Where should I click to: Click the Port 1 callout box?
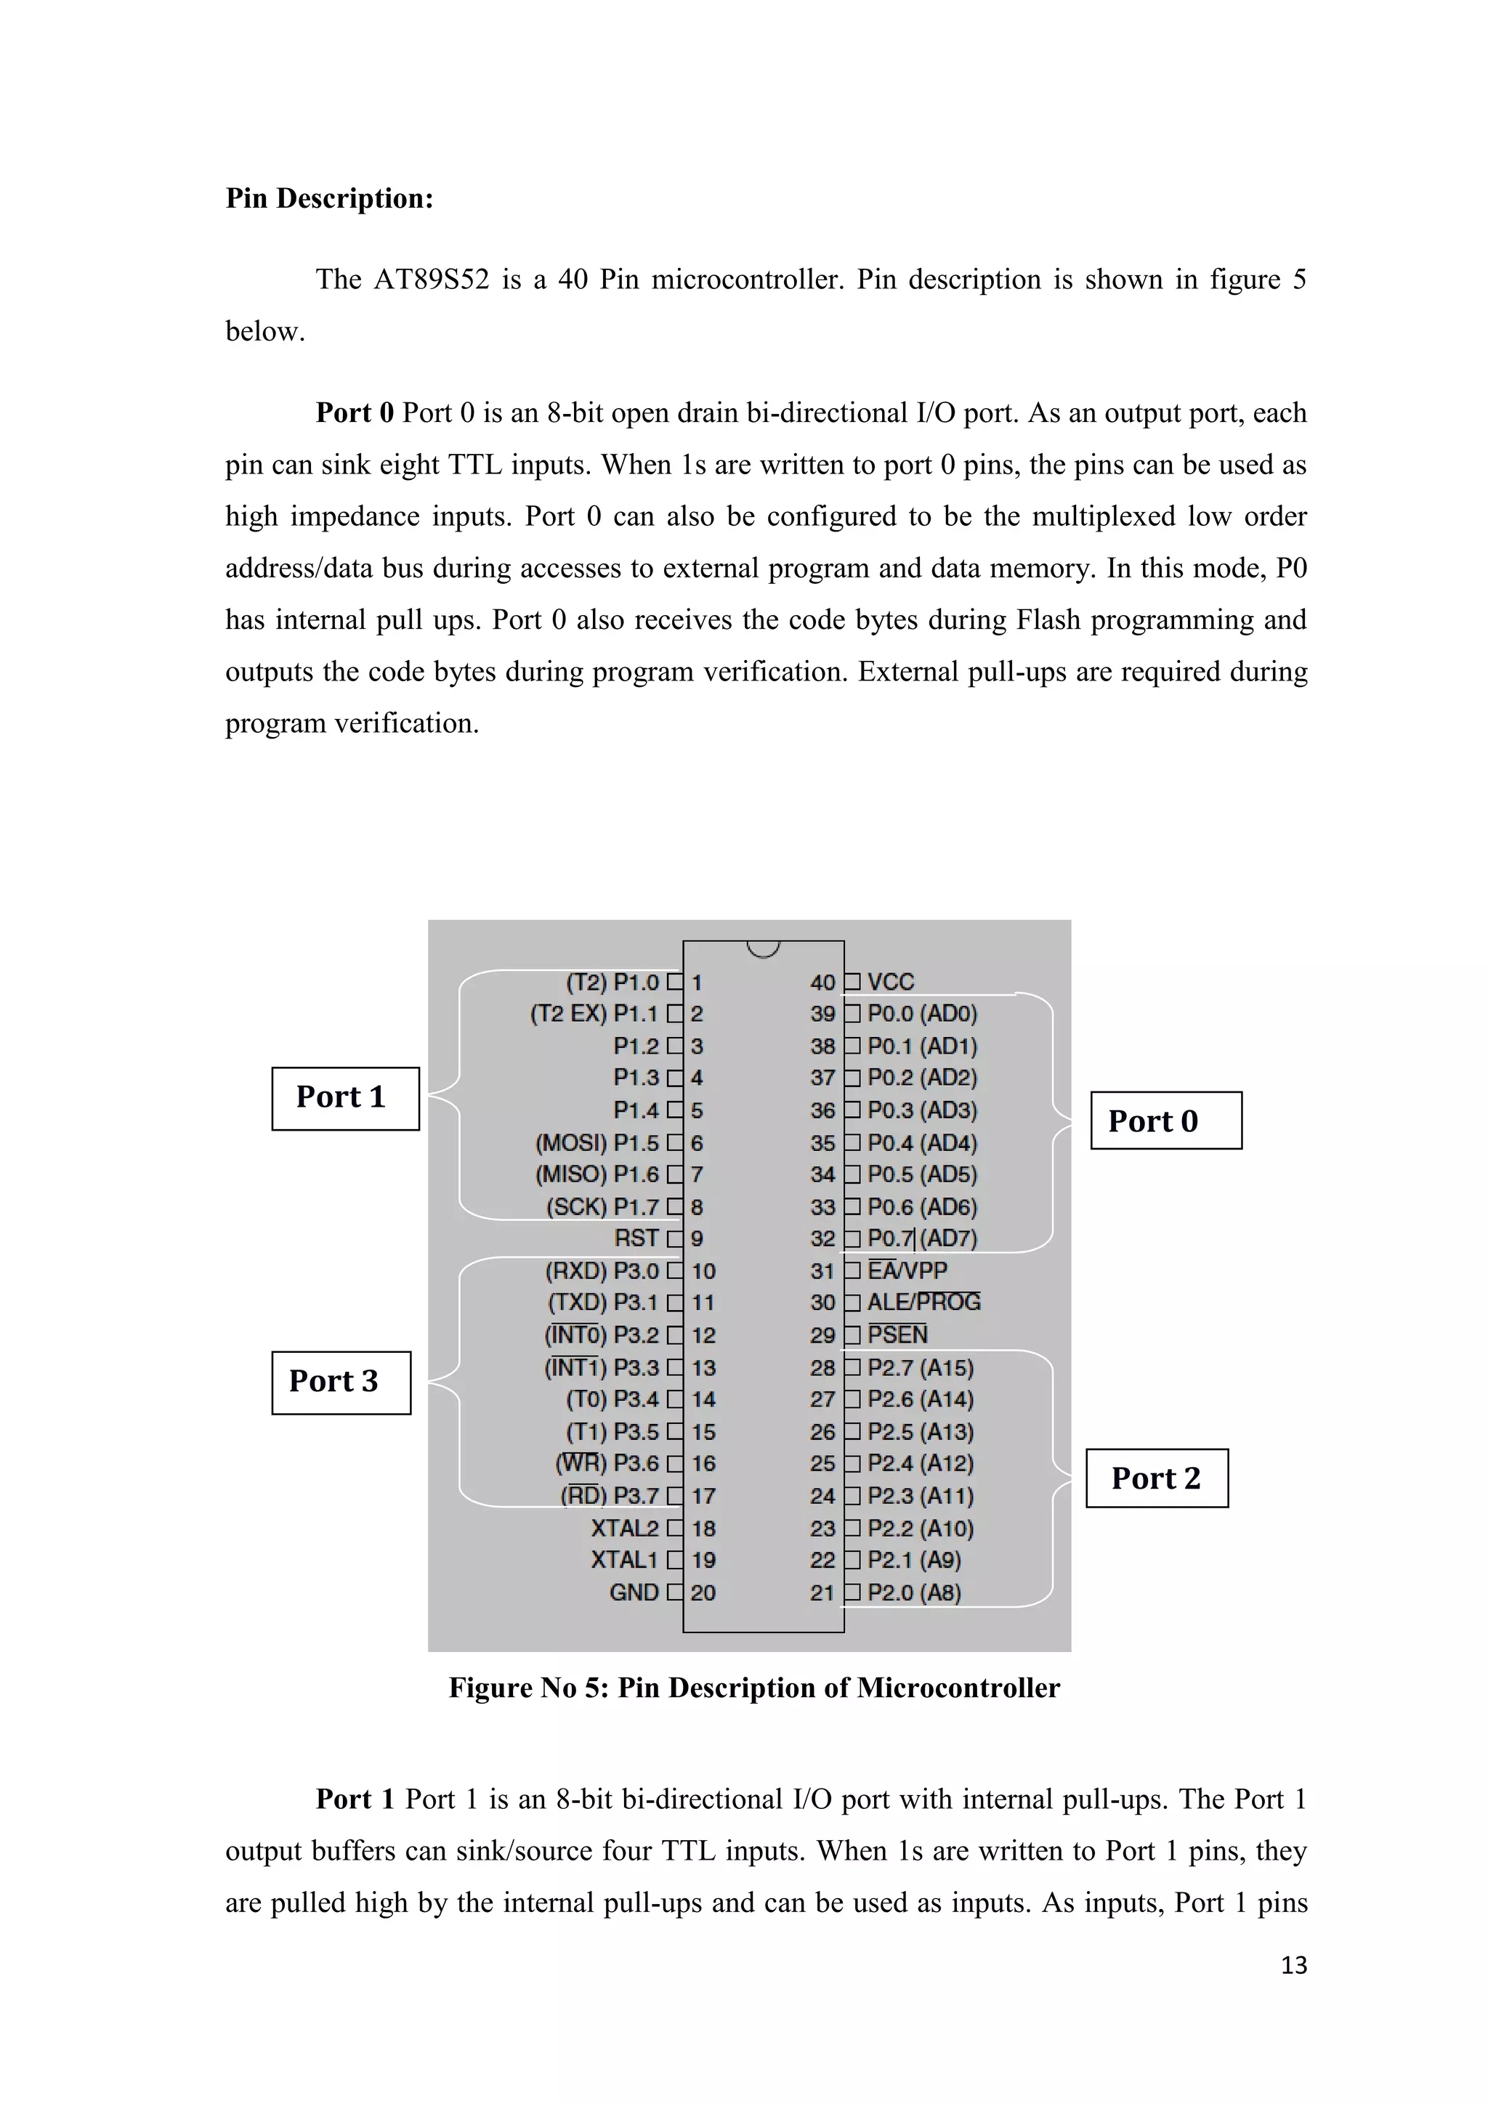point(344,1098)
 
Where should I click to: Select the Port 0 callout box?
point(1165,1120)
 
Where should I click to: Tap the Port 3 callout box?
point(341,1382)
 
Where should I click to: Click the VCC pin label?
point(891,982)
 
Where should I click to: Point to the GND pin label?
point(634,1592)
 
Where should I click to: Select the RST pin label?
point(636,1238)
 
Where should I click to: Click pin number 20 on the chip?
point(703,1592)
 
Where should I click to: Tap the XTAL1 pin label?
point(624,1560)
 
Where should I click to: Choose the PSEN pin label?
point(898,1335)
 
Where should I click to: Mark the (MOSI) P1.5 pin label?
point(597,1142)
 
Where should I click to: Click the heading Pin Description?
point(329,199)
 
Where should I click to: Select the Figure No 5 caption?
point(753,1687)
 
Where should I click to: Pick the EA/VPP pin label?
point(907,1270)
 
